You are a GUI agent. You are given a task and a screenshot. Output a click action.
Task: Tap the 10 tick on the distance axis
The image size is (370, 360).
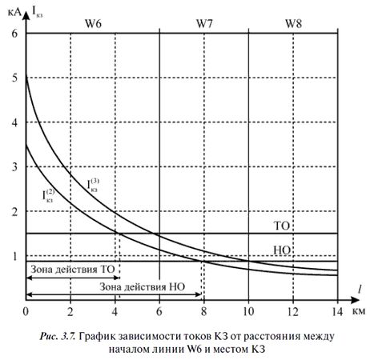click(x=248, y=310)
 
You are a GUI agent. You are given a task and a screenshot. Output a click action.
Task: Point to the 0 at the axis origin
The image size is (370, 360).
click(x=26, y=310)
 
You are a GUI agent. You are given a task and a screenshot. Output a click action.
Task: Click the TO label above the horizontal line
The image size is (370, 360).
click(x=281, y=225)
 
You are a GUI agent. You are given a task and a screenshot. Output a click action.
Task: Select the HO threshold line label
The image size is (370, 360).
click(x=281, y=250)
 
